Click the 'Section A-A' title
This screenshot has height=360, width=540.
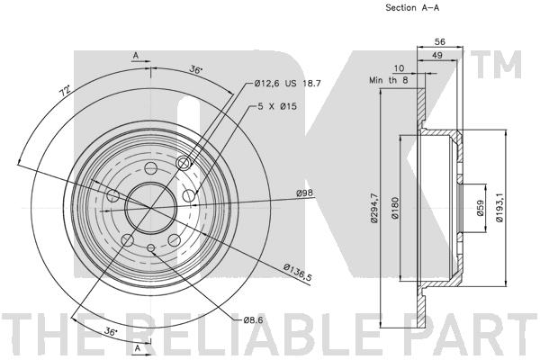(x=412, y=7)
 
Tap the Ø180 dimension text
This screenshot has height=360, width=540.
(x=395, y=208)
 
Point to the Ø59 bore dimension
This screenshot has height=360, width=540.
(x=480, y=208)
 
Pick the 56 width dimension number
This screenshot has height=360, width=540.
(x=440, y=41)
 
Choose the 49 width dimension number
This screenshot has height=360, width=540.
(x=437, y=55)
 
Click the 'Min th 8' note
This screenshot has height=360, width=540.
(x=389, y=80)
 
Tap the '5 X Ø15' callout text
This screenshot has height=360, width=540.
(x=277, y=106)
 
